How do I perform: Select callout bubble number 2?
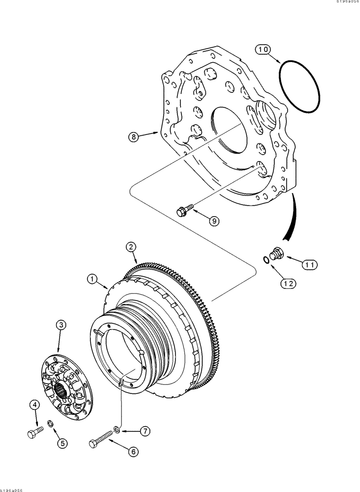(x=130, y=247)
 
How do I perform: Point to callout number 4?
(x=34, y=406)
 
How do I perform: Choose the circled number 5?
(x=61, y=442)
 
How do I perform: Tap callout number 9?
(x=213, y=221)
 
